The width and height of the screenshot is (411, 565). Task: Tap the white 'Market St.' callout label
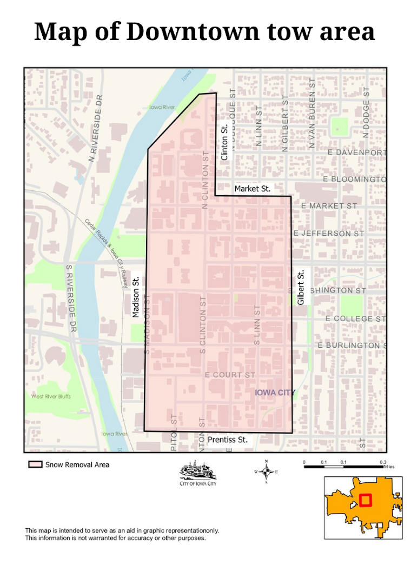252,189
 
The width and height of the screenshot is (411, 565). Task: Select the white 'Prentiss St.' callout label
228,440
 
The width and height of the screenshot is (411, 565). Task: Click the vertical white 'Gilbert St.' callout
301,288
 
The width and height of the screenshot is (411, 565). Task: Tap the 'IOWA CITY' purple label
275,392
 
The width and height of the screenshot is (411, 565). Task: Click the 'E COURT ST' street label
230,375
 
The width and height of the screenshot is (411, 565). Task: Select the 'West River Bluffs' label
51,396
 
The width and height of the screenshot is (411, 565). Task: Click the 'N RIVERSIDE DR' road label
95,128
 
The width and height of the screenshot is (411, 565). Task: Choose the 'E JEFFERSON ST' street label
329,234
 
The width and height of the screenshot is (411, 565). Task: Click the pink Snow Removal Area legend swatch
35,464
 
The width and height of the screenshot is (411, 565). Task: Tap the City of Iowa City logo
198,473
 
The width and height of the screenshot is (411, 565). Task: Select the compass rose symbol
266,471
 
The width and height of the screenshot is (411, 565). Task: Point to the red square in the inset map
366,500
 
